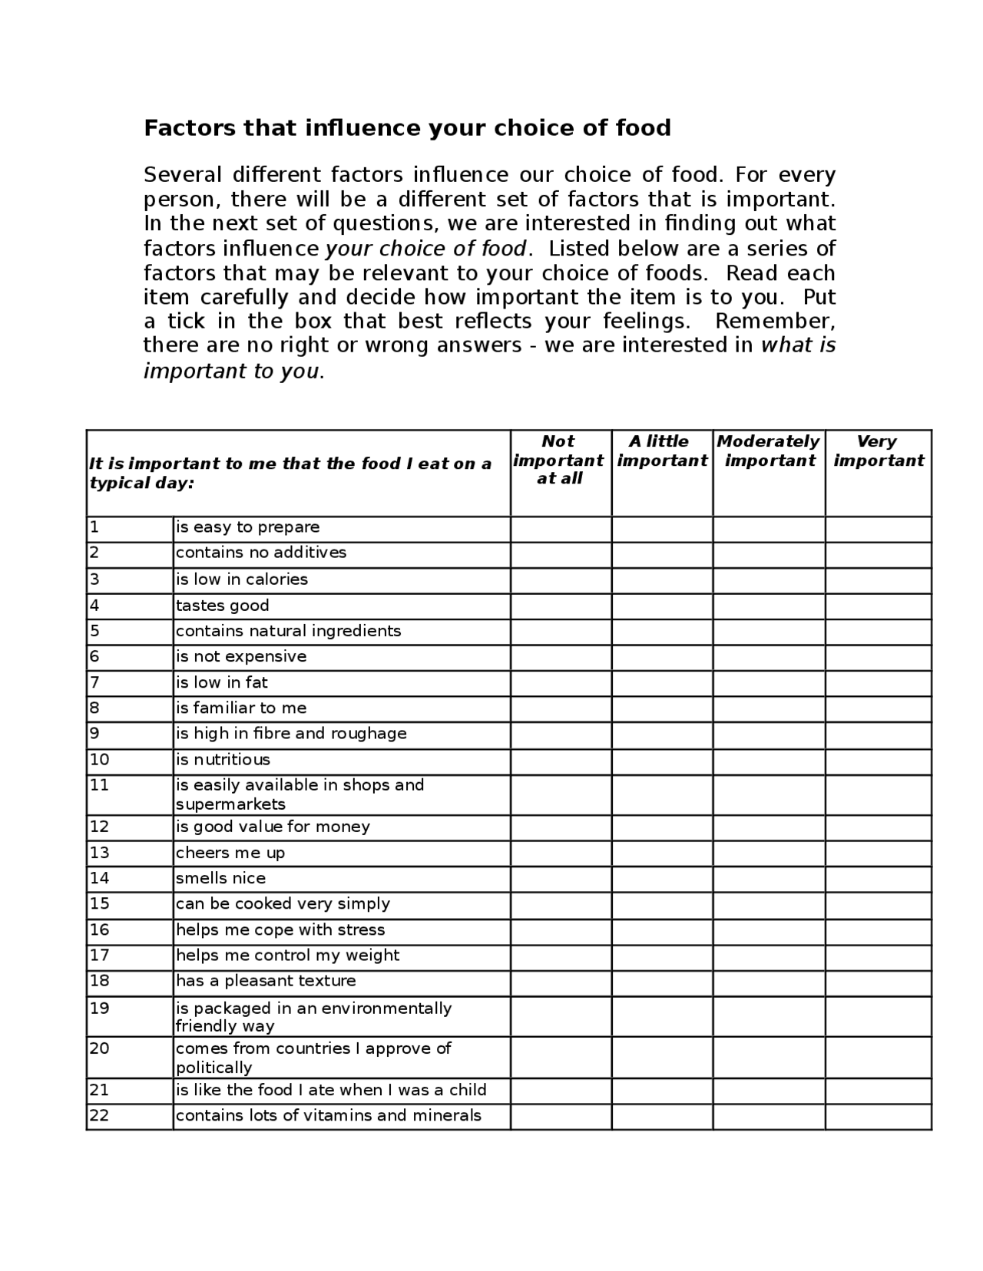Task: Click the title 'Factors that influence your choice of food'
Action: click(407, 127)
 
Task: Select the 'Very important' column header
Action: click(878, 451)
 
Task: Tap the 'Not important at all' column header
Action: click(558, 460)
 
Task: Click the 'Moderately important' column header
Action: click(768, 451)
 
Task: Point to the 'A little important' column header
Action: click(660, 451)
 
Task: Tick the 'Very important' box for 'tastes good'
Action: click(878, 606)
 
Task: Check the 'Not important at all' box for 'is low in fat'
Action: click(561, 683)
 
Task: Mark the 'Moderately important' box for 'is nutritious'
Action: click(768, 761)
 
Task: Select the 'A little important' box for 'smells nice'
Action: click(661, 879)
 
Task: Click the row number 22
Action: click(100, 1116)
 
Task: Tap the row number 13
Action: click(100, 853)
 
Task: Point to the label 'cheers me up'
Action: click(230, 853)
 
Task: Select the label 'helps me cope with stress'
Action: click(280, 930)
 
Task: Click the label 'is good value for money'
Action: click(273, 827)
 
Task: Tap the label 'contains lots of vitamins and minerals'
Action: click(328, 1116)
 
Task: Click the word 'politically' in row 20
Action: click(213, 1068)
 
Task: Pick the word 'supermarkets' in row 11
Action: click(230, 804)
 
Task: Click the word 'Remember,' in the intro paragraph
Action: click(775, 321)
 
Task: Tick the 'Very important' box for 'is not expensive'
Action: click(878, 657)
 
